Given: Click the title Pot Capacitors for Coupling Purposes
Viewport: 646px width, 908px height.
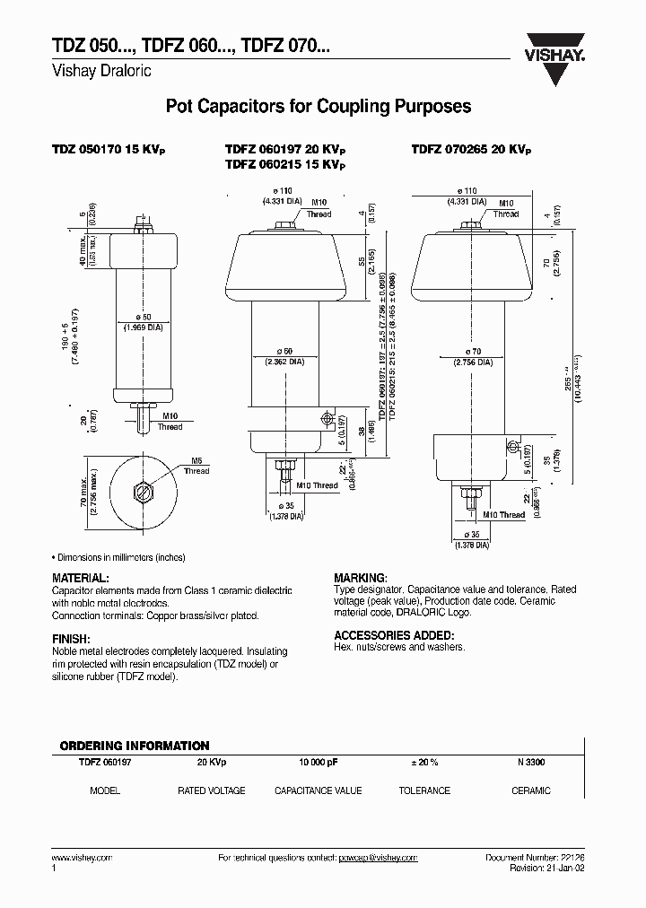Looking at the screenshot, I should [x=319, y=106].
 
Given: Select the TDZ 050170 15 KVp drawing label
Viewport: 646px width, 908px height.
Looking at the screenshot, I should [x=109, y=151].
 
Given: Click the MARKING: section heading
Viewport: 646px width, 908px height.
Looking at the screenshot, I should [x=361, y=579].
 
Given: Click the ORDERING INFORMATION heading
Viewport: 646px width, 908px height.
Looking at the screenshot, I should [x=135, y=746].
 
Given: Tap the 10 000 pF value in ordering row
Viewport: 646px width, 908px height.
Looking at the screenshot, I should [x=319, y=762].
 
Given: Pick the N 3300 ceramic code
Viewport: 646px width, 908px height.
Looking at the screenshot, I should [x=530, y=762].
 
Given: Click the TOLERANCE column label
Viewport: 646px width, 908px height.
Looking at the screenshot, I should [x=424, y=790].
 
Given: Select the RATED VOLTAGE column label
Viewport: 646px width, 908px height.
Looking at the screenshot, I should [x=212, y=790].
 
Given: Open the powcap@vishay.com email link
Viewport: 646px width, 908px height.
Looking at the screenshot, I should [x=378, y=858].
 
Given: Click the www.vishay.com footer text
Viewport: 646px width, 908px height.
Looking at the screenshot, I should [x=82, y=858].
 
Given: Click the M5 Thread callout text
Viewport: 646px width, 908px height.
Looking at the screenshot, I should [x=196, y=467].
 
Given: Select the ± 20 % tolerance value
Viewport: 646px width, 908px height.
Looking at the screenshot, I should [x=423, y=762].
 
